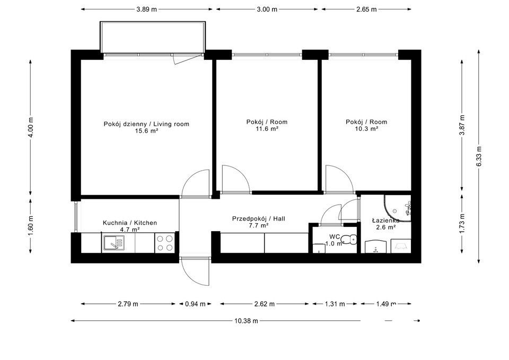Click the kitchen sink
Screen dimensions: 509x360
114,242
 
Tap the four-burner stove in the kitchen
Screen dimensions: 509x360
165,243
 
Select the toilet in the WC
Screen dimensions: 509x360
350,240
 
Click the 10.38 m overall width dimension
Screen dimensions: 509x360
246,321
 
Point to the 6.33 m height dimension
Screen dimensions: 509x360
479,156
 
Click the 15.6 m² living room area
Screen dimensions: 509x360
146,131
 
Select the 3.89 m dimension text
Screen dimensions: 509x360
147,10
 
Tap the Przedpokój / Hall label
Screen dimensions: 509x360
259,219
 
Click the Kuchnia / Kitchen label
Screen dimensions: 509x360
130,223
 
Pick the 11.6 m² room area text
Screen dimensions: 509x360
267,129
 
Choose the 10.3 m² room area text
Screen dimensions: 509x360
366,129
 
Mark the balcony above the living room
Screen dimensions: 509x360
153,37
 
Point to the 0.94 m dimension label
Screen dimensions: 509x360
195,304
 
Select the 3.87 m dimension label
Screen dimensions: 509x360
462,125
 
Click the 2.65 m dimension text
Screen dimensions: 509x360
366,10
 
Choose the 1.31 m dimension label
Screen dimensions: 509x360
335,304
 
